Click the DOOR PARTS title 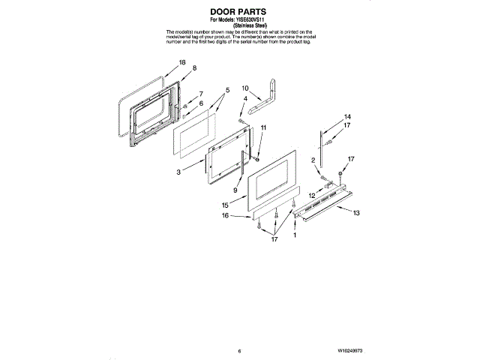tap(239, 13)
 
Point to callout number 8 tap(195, 68)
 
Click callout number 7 tap(201, 94)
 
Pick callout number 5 tap(226, 90)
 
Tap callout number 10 tap(245, 88)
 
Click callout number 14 tap(347, 117)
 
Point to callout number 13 tap(357, 214)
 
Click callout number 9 tap(236, 191)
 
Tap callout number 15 tap(225, 204)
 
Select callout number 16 tap(225, 216)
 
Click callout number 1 tap(295, 235)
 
